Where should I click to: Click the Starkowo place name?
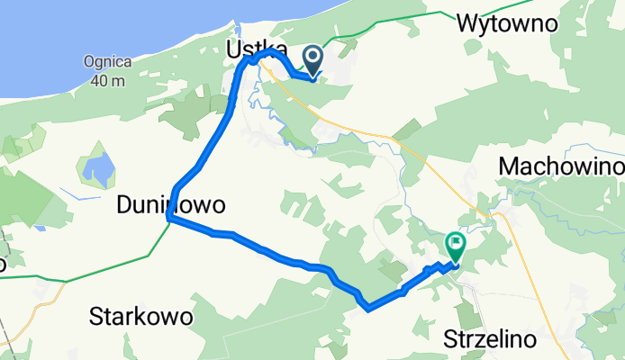142,317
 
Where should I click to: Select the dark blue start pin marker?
312,60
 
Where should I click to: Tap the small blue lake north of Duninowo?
96,167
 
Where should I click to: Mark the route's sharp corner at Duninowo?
168,218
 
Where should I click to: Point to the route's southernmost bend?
368,309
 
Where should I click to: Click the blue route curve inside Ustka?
265,56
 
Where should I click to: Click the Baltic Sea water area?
90,27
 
